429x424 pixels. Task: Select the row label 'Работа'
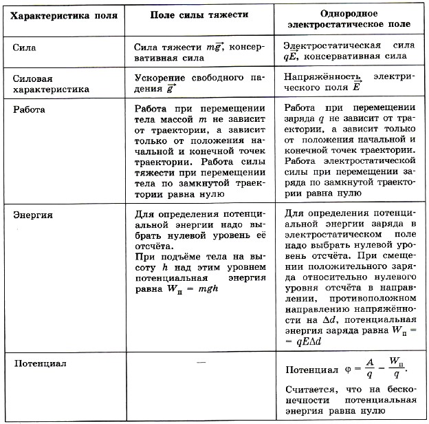pyautogui.click(x=30, y=110)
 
